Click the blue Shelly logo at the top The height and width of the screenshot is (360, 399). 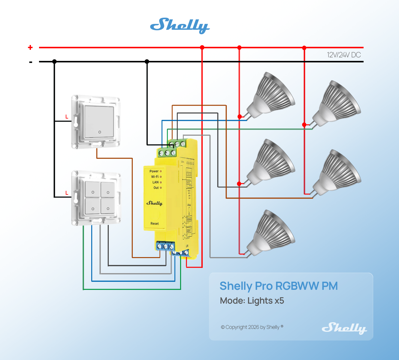coord(180,25)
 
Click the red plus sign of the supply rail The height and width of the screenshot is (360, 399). coord(30,47)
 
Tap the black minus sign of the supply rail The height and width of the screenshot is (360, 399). coord(31,62)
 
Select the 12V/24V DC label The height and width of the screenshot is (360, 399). coord(344,55)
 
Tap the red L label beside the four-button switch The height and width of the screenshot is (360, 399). coord(67,193)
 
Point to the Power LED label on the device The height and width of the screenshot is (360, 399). coord(154,171)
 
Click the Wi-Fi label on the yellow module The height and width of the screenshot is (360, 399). coord(155,177)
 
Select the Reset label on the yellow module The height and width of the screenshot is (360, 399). coord(155,223)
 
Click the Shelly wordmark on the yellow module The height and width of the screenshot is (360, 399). coord(154,203)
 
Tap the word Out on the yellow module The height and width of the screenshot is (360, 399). coord(156,188)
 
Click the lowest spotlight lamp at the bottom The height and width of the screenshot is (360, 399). coord(270,234)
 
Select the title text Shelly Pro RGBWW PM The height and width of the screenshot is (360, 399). coord(279,286)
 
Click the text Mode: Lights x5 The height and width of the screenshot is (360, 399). coord(252,301)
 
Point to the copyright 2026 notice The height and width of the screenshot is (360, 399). coord(252,327)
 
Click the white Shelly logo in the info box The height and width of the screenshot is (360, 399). coord(344,328)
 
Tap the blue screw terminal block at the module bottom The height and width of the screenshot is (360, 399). coord(165,246)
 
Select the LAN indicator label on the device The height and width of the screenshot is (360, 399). coord(156,182)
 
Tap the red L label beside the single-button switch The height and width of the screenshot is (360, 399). coord(67,117)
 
